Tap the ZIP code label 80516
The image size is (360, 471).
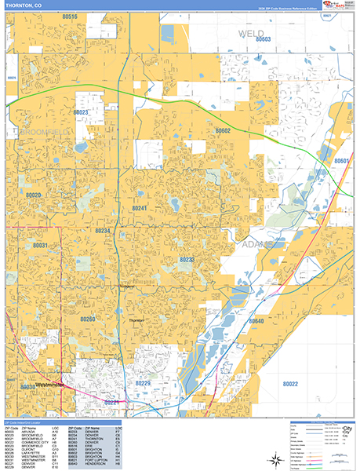(x=70, y=16)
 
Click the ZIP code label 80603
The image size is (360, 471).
(x=263, y=39)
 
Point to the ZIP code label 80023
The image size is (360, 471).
(x=81, y=112)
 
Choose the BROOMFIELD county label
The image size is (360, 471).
(x=27, y=132)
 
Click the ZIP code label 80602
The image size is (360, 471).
(x=224, y=131)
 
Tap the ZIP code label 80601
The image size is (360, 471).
(x=341, y=161)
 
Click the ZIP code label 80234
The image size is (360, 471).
(x=103, y=231)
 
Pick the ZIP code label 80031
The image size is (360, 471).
(x=41, y=246)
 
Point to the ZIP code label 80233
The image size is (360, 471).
(x=187, y=259)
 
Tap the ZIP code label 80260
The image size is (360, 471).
(x=87, y=319)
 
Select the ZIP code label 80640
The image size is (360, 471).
(x=257, y=321)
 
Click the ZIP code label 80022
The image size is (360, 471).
(x=290, y=383)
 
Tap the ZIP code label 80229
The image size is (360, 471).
(x=143, y=382)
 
